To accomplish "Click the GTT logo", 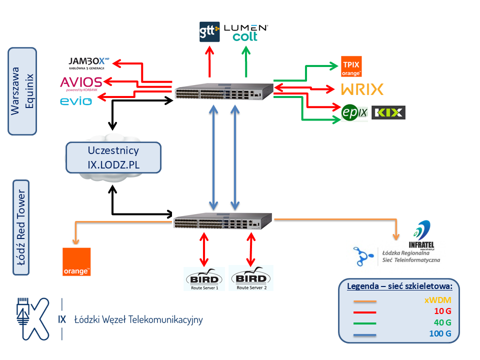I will [209, 31].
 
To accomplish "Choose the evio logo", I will [76, 101].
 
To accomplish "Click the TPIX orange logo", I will [351, 66].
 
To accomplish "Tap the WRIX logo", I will [362, 89].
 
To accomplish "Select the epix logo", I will [354, 112].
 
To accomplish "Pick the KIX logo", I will [388, 112].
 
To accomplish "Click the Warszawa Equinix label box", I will [22, 91].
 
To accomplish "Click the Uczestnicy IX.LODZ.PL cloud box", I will [113, 157].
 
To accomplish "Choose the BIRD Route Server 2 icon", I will [251, 279].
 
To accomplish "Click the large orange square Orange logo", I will [76, 261].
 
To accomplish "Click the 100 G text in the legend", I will [439, 334].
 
